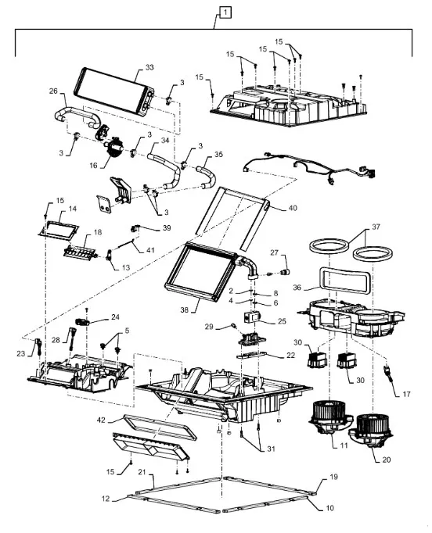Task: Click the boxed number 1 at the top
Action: (x=225, y=13)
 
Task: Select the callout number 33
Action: (x=149, y=67)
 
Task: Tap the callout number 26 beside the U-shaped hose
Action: (x=53, y=91)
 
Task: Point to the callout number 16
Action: (x=94, y=166)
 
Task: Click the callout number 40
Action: (x=293, y=208)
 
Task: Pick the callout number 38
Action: (x=184, y=309)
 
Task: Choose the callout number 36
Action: (x=297, y=288)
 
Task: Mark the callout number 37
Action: (x=376, y=227)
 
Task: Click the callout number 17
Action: (x=406, y=395)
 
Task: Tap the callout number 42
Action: (x=101, y=420)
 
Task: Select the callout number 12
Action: (x=106, y=499)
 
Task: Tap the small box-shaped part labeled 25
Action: (x=251, y=317)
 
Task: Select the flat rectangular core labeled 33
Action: (x=113, y=91)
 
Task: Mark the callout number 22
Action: (x=290, y=356)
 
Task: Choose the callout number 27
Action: (x=274, y=252)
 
